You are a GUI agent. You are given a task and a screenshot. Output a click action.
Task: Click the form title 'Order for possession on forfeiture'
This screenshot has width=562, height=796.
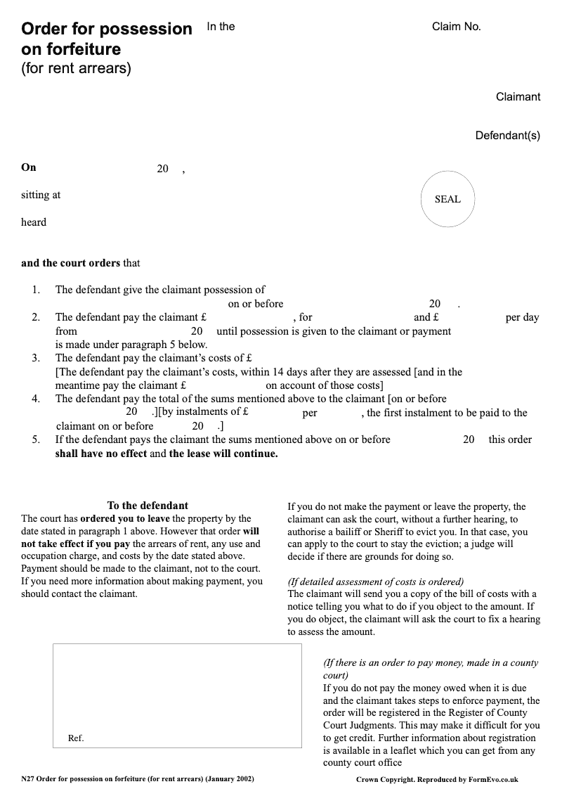[x=106, y=39]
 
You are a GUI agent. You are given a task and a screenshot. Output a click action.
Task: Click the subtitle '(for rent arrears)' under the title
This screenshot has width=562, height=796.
[x=76, y=69]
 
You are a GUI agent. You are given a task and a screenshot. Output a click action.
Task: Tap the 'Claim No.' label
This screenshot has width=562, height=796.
[x=456, y=27]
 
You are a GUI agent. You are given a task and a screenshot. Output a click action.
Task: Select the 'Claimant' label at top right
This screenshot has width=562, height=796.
[x=518, y=97]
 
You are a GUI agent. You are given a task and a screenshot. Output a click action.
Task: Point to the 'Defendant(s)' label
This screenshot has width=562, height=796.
[x=507, y=136]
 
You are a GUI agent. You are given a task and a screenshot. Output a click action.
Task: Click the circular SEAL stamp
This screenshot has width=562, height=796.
[x=447, y=199]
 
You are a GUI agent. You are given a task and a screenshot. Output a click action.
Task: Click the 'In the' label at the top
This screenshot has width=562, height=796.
[x=221, y=27]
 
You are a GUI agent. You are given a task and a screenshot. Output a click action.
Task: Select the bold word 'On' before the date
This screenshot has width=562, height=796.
[x=28, y=167]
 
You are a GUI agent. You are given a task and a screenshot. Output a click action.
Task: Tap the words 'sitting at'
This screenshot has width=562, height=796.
[x=41, y=195]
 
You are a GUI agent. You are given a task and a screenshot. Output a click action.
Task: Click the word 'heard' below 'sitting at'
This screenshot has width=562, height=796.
[x=34, y=222]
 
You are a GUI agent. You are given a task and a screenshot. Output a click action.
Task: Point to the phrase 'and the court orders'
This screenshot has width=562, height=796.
[x=70, y=263]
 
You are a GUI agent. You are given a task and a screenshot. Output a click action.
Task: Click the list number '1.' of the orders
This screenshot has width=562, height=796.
[x=36, y=290]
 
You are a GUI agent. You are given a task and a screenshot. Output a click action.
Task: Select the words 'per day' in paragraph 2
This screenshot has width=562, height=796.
[x=522, y=317]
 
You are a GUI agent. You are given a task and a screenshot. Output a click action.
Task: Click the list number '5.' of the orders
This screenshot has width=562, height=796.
[x=36, y=439]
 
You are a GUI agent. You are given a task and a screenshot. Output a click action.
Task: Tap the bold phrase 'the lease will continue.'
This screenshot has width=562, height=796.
[x=223, y=454]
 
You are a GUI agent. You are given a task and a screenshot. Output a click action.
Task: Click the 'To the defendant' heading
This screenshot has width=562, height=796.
[x=148, y=506]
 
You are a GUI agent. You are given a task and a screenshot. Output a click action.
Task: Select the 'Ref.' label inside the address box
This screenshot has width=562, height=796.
[x=76, y=738]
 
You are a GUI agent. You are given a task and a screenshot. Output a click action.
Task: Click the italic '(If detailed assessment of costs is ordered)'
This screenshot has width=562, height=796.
[x=376, y=582]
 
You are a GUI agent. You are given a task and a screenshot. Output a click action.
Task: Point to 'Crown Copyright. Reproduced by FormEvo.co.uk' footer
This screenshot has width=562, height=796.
[x=437, y=780]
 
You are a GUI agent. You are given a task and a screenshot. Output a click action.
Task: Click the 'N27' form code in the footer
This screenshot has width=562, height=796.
[x=27, y=779]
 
